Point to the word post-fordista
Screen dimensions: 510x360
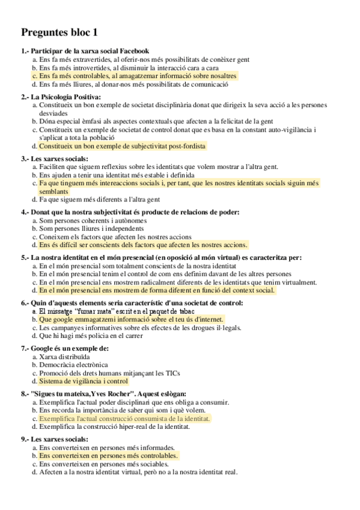184,146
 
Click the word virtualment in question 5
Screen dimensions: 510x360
297,282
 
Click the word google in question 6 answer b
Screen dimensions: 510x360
66,319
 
